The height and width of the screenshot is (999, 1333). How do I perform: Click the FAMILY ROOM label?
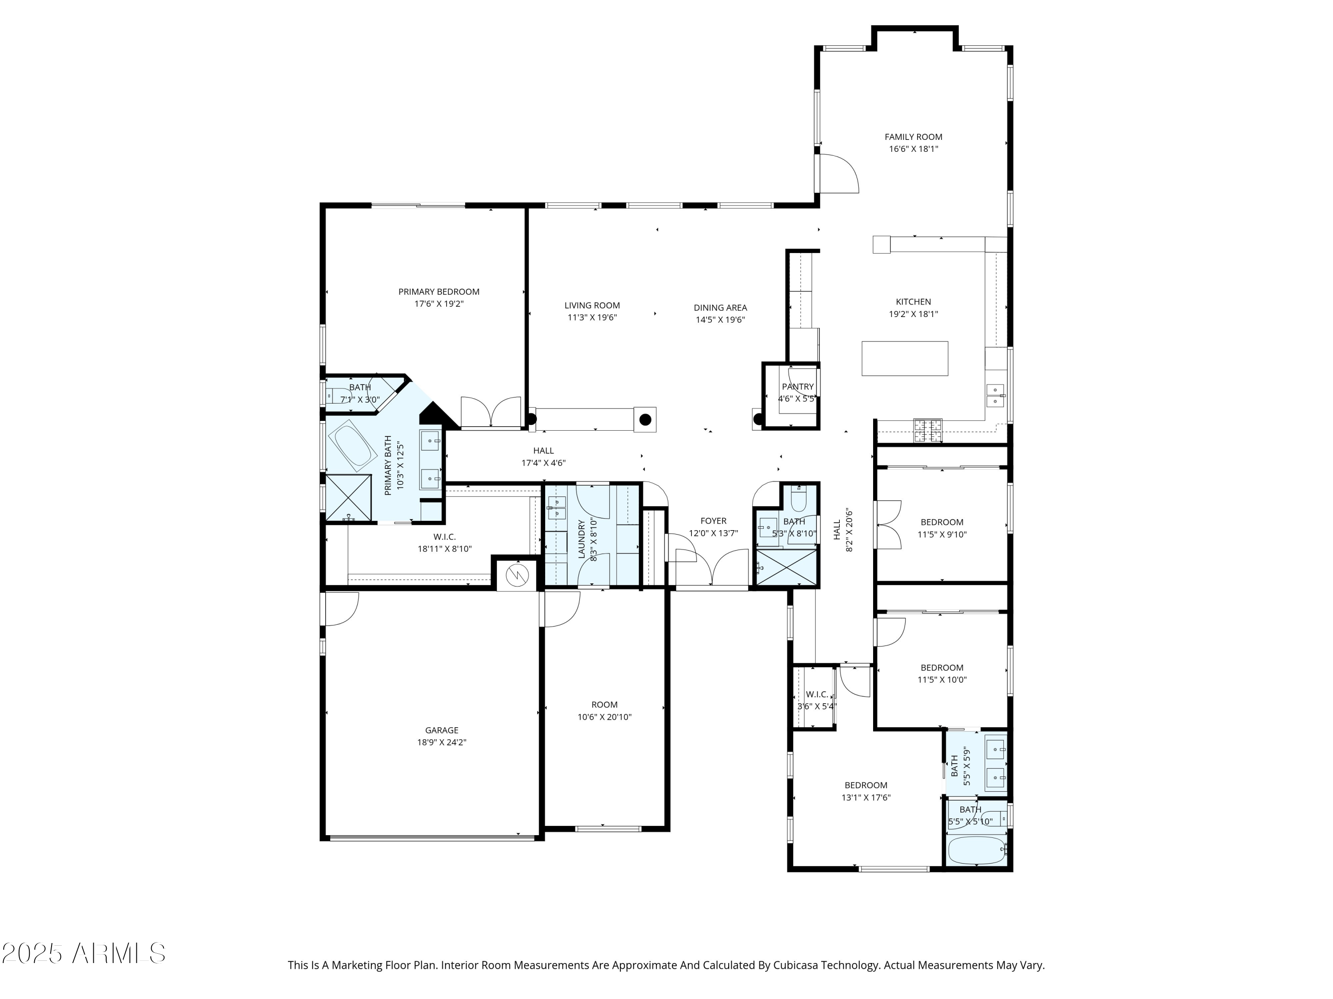pyautogui.click(x=913, y=137)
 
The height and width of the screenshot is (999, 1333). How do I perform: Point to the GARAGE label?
pyautogui.click(x=442, y=730)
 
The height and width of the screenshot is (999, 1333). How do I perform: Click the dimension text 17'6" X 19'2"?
pyautogui.click(x=439, y=304)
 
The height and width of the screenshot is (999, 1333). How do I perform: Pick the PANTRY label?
pyautogui.click(x=797, y=387)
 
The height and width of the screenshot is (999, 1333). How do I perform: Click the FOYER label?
pyautogui.click(x=714, y=521)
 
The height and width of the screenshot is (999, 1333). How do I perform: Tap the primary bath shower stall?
pyautogui.click(x=348, y=497)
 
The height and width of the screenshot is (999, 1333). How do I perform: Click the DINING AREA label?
pyautogui.click(x=720, y=308)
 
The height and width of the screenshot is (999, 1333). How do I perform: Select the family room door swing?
pyautogui.click(x=838, y=174)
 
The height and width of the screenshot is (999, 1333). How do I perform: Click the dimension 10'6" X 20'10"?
pyautogui.click(x=604, y=717)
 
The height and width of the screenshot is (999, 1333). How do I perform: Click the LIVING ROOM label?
pyautogui.click(x=592, y=305)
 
